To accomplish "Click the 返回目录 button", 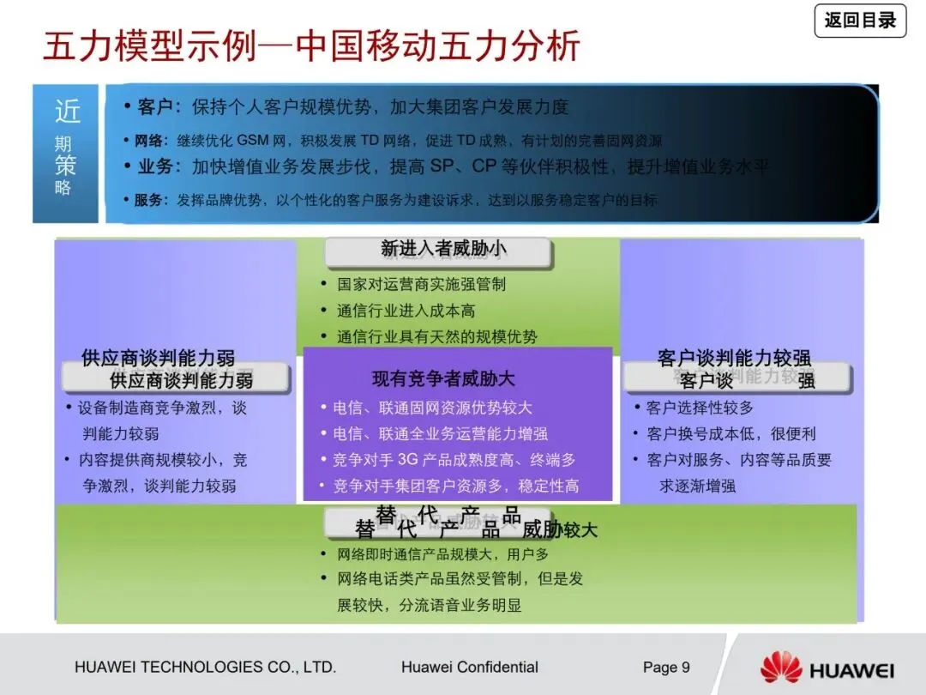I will pos(860,20).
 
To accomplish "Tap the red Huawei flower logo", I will pos(780,668).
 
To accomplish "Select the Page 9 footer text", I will pos(666,668).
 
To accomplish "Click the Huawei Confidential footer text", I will pos(469,668).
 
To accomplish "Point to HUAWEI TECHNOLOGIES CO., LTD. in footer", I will pos(205,668).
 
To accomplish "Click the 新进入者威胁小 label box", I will pos(439,250).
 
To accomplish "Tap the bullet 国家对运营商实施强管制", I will pos(421,284).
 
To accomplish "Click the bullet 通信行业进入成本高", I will pos(406,311).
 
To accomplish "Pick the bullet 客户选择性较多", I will pos(700,408).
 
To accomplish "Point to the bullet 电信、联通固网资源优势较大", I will pos(432,408).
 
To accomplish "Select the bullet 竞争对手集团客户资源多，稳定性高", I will pos(455,486).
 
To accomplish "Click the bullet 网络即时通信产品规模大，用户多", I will pos(442,554).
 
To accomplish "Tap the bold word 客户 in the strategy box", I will pos(154,107).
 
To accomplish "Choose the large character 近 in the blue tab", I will pos(67,112).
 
